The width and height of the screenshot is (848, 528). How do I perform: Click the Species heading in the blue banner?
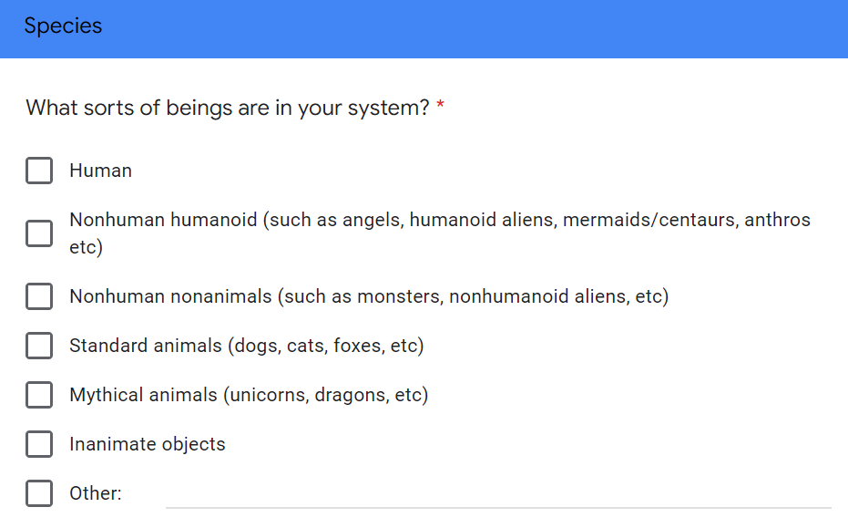tap(63, 26)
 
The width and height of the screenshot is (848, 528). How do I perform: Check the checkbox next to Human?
tap(39, 171)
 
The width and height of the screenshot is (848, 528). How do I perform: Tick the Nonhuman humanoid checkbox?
tap(39, 233)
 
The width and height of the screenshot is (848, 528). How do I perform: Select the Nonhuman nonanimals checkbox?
tap(39, 296)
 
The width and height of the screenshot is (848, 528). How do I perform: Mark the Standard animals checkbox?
tap(39, 346)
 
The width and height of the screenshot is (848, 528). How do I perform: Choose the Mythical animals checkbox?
tap(39, 395)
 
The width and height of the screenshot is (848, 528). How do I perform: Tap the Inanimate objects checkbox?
tap(39, 444)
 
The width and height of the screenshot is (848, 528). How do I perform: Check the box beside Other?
tap(39, 493)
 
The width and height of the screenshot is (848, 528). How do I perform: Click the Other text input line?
tap(498, 507)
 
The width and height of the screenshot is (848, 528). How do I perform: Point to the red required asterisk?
tap(440, 104)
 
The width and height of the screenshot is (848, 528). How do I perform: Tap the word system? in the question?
tap(388, 109)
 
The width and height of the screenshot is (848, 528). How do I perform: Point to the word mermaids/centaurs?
tap(650, 220)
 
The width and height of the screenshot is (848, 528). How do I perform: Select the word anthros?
tap(777, 220)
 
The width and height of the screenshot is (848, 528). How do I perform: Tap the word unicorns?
tap(270, 396)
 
